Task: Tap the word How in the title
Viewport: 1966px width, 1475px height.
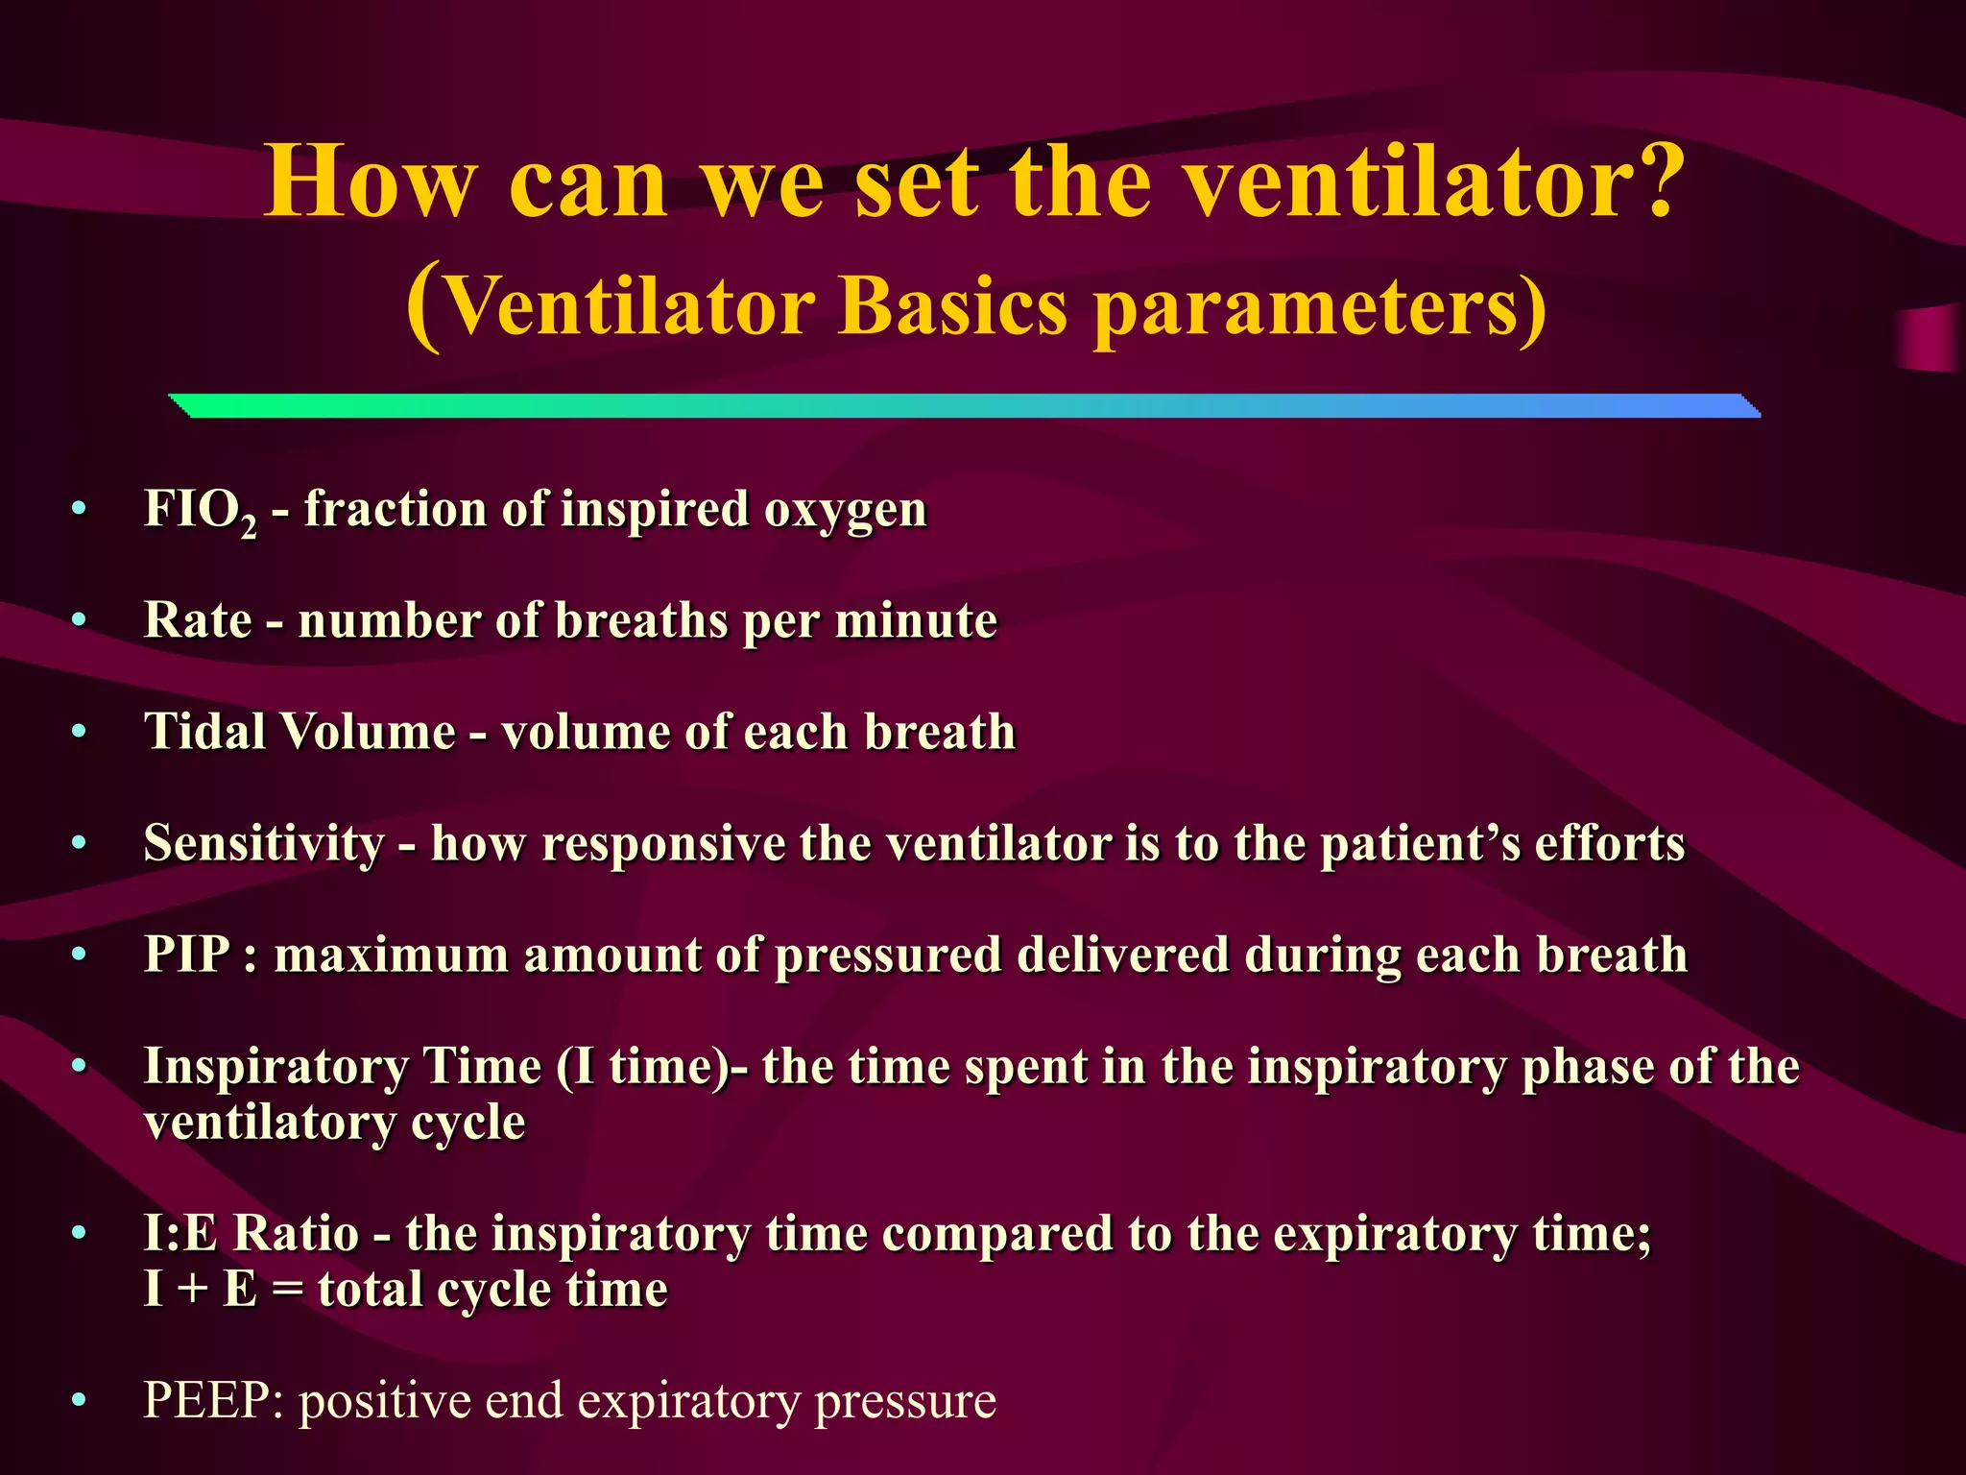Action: (x=370, y=182)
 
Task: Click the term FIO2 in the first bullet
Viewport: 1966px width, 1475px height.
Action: (x=200, y=510)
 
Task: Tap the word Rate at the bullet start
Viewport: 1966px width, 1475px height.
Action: (x=197, y=619)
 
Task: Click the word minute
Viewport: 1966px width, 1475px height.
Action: (x=916, y=620)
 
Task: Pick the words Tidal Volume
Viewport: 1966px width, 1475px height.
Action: (x=300, y=732)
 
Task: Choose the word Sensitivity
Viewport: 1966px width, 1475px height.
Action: (x=264, y=844)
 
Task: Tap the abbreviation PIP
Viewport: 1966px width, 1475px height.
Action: (x=187, y=955)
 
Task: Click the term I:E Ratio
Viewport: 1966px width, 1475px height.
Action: (x=251, y=1233)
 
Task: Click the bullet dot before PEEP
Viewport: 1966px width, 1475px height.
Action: (x=80, y=1401)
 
